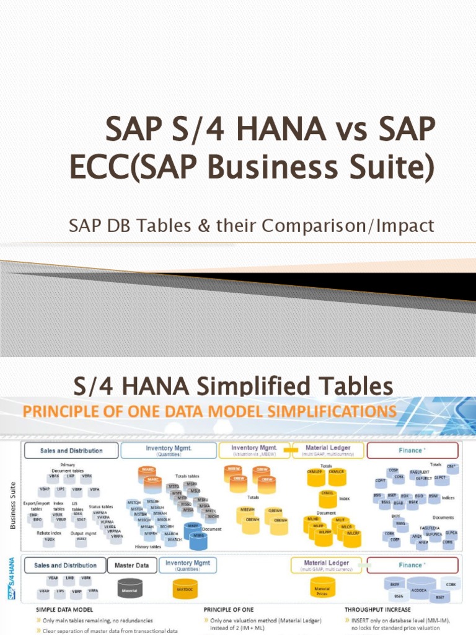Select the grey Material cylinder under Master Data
pos(130,588)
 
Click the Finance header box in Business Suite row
pos(412,450)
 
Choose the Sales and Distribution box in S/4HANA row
pos(64,565)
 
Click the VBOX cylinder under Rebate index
pos(50,540)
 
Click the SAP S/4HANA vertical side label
pos(12,579)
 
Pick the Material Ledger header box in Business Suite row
pos(328,450)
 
